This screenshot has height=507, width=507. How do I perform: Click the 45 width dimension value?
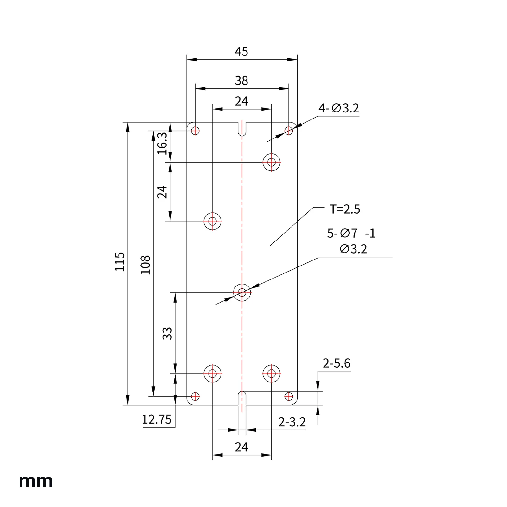point(241,52)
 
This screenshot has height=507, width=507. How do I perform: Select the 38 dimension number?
point(241,81)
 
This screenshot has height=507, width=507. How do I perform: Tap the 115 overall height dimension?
point(120,262)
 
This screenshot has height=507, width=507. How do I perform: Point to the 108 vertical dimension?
point(145,265)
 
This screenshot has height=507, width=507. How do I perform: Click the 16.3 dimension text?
point(163,144)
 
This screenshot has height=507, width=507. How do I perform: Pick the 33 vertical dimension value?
point(167,334)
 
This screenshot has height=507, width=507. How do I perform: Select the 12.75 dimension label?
point(157,420)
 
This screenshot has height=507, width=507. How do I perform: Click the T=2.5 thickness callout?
point(345,209)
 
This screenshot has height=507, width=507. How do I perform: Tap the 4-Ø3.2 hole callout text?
point(339,108)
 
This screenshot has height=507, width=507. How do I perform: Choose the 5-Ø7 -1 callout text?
point(351,234)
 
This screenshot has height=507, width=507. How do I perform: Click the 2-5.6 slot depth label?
point(337,363)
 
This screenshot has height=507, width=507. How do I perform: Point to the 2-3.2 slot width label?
point(292,422)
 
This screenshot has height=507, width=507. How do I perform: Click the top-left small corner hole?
point(195,130)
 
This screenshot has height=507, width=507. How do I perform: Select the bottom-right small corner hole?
point(289,396)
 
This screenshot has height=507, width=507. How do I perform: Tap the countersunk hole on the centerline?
point(242,292)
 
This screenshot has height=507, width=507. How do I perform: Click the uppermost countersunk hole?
point(272,162)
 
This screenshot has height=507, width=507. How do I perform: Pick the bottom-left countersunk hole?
point(213,374)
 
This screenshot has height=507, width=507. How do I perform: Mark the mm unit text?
point(36,481)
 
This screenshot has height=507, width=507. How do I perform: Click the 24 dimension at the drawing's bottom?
point(241,447)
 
